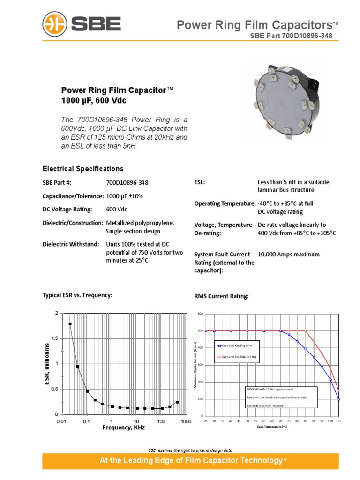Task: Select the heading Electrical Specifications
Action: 83,168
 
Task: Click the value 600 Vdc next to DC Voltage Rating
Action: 117,209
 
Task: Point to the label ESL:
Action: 200,182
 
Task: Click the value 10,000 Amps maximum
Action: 289,255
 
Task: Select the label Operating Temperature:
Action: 225,203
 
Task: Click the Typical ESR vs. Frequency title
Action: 77,295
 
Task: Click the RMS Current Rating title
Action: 221,296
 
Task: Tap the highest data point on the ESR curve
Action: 70,323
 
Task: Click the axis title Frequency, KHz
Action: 124,428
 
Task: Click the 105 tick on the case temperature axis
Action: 338,421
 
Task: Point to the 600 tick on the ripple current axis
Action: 200,314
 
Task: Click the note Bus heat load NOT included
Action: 264,405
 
